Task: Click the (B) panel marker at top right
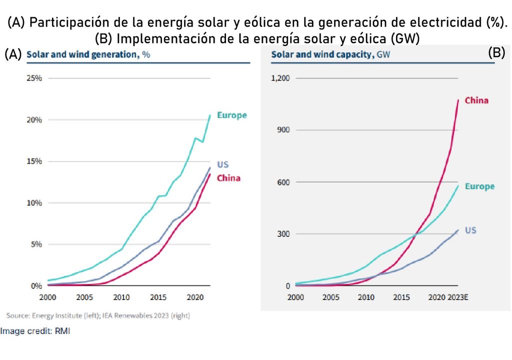pyautogui.click(x=496, y=53)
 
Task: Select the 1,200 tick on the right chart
pyautogui.click(x=280, y=78)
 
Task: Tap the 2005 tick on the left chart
pyautogui.click(x=84, y=297)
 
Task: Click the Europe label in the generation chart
pyautogui.click(x=231, y=115)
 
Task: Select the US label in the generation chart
pyautogui.click(x=222, y=164)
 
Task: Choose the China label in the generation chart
pyautogui.click(x=228, y=178)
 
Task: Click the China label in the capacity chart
pyautogui.click(x=476, y=100)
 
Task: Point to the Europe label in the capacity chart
pyautogui.click(x=479, y=186)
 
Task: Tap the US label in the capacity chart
pyautogui.click(x=470, y=230)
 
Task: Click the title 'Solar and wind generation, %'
pyautogui.click(x=88, y=54)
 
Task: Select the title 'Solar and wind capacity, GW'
pyautogui.click(x=330, y=54)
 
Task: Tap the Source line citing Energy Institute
pyautogui.click(x=98, y=315)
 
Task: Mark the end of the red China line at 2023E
pyautogui.click(x=457, y=100)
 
